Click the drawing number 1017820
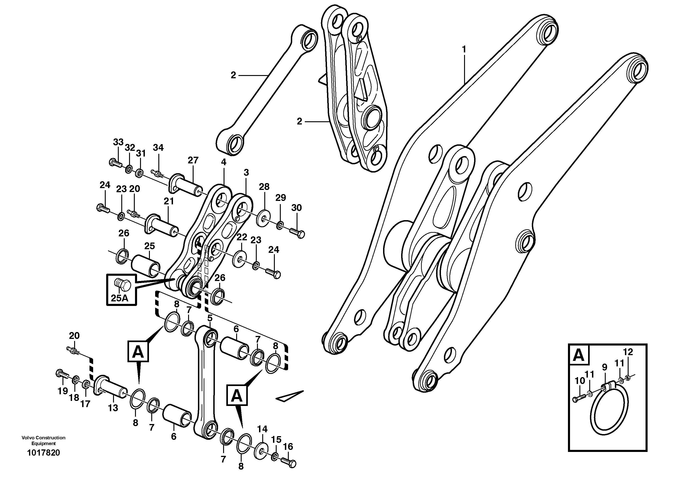[x=43, y=461]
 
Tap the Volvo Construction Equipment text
[x=43, y=440]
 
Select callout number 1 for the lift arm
[x=464, y=49]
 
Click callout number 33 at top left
[x=118, y=142]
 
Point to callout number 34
[x=158, y=148]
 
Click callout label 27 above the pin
[x=193, y=160]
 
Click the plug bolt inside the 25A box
[x=122, y=285]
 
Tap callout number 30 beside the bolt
[x=296, y=208]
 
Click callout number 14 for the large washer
[x=262, y=429]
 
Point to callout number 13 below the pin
[x=113, y=408]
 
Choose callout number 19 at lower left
[x=62, y=391]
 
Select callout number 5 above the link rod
[x=210, y=319]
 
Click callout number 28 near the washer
[x=264, y=187]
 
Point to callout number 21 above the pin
[x=169, y=201]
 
